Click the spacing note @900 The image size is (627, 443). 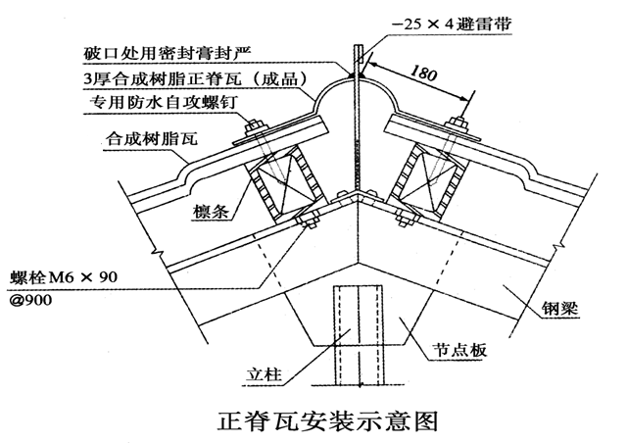coord(29,299)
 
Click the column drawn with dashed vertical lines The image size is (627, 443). coord(355,333)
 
